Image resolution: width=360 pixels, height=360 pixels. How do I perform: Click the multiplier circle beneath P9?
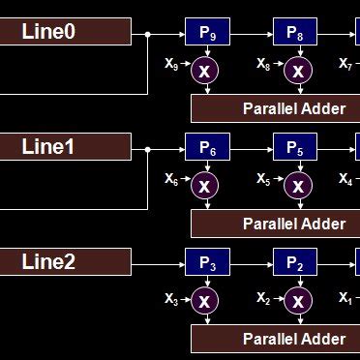(204, 70)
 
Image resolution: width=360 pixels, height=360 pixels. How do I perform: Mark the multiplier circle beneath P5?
(297, 185)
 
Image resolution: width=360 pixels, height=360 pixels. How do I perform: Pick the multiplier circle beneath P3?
(204, 300)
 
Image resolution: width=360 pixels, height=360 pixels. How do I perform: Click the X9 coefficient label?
(171, 65)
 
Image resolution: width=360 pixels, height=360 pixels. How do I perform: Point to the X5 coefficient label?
(263, 179)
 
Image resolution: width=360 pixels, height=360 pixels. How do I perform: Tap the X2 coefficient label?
(263, 299)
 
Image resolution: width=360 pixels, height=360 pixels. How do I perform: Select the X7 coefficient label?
(345, 65)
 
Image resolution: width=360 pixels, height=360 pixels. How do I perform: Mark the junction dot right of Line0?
(147, 34)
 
